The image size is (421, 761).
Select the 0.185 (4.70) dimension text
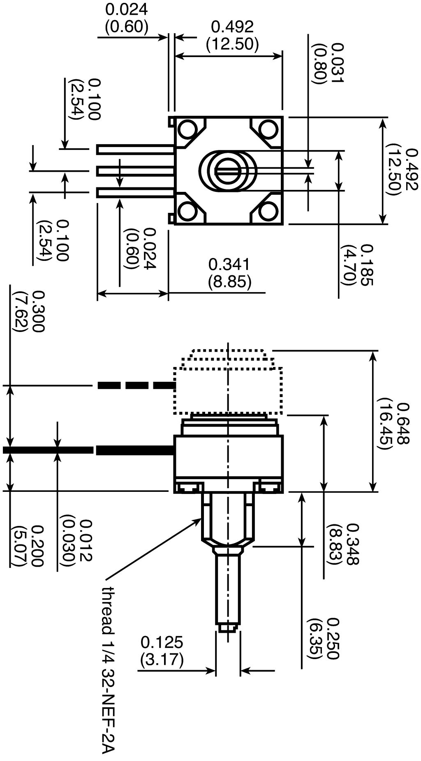(x=356, y=265)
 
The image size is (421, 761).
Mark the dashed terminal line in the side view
(x=136, y=385)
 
